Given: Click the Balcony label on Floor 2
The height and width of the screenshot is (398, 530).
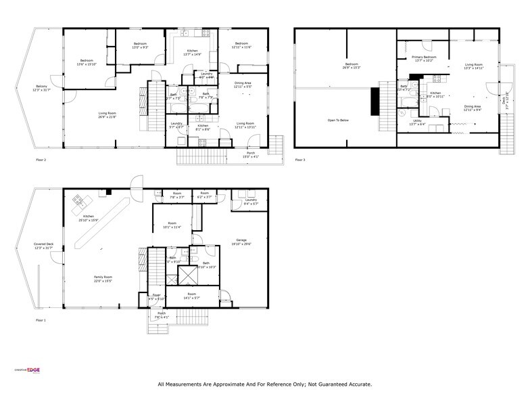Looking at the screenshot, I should [42, 87].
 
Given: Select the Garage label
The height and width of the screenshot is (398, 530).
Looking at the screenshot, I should [241, 240].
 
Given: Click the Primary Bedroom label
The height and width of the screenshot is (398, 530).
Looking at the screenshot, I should [424, 58].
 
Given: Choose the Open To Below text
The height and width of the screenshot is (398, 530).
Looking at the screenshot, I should [338, 120].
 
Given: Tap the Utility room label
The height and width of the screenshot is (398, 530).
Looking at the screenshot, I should [417, 121].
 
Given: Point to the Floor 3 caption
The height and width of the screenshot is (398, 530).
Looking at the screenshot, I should [300, 160].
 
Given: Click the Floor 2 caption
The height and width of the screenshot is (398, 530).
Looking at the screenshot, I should [42, 160].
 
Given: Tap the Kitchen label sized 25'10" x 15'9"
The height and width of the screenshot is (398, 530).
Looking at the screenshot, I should [88, 217].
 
